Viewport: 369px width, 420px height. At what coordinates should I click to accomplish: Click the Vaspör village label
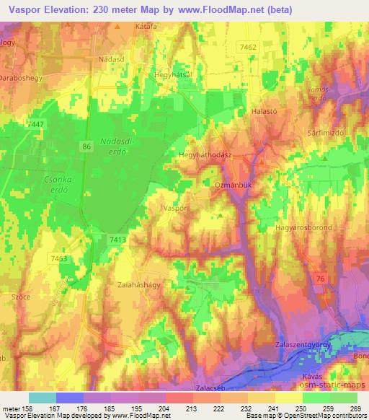pyautogui.click(x=176, y=207)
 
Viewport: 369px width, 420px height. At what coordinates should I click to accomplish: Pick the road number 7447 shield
pyautogui.click(x=34, y=124)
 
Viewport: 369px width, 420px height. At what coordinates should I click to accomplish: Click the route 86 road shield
pyautogui.click(x=87, y=146)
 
